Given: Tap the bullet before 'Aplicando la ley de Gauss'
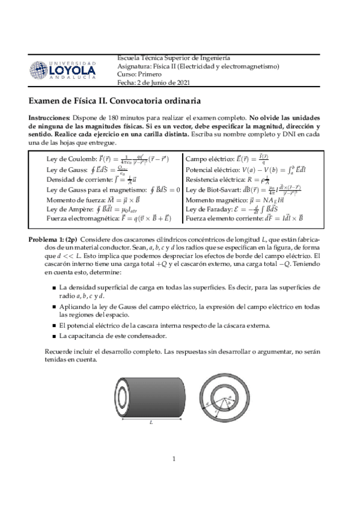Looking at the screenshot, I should click(x=55, y=306).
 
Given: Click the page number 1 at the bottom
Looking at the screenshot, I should click(x=173, y=459).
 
